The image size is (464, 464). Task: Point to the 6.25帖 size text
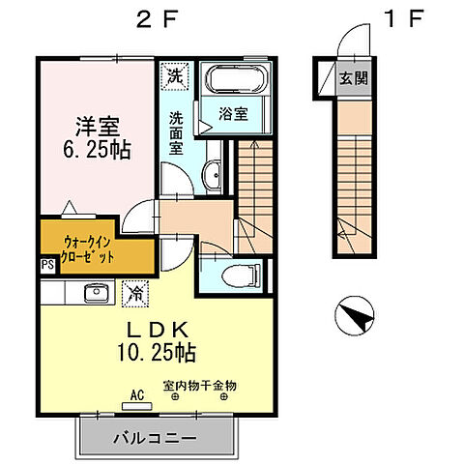pyautogui.click(x=98, y=151)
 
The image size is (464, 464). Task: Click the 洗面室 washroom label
pyautogui.click(x=177, y=132)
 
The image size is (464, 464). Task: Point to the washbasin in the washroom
pyautogui.click(x=212, y=175)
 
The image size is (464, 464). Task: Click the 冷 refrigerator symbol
pyautogui.click(x=134, y=288)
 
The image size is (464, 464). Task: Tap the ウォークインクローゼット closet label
pyautogui.click(x=93, y=249)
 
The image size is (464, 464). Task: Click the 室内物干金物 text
pyautogui.click(x=200, y=386)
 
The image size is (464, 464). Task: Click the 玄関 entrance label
pyautogui.click(x=351, y=78)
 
